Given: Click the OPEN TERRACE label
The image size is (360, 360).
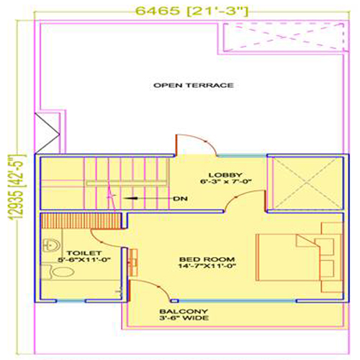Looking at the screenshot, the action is click(x=194, y=85).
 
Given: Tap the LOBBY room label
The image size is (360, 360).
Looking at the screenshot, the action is click(x=225, y=178).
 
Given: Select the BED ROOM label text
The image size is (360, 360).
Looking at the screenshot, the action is click(x=207, y=263).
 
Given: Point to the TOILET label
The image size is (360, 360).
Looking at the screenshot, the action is click(x=84, y=256).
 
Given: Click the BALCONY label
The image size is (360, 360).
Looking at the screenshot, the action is click(x=184, y=315).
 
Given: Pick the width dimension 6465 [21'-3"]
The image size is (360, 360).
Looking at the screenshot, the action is click(x=192, y=11).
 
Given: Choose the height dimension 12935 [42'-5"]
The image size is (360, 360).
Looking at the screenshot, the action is click(x=17, y=187).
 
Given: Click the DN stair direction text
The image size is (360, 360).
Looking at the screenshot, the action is click(x=181, y=199).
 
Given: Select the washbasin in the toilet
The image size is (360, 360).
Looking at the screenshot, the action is click(x=51, y=245).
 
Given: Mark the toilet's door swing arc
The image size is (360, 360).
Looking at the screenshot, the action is click(x=102, y=240).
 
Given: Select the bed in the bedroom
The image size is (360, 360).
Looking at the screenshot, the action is click(x=300, y=257).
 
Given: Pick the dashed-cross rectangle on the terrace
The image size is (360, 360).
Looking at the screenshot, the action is click(x=284, y=37).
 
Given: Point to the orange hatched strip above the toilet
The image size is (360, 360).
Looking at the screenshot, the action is click(x=81, y=221).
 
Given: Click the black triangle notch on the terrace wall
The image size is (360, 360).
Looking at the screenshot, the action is click(x=48, y=132).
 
